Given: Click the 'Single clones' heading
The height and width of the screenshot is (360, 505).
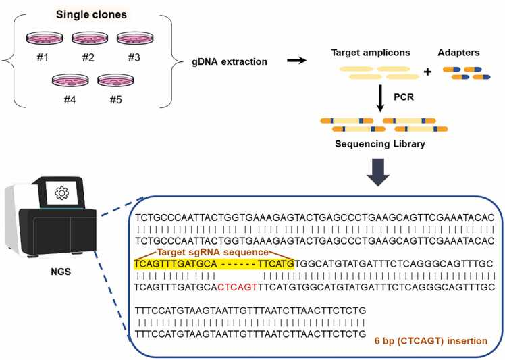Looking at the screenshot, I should (x=90, y=14).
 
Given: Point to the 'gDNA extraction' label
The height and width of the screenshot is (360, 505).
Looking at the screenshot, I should (x=230, y=63).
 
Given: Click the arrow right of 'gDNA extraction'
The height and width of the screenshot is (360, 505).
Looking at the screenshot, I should (x=294, y=60).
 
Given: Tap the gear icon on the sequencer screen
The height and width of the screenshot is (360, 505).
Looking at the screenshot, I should (x=61, y=194).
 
